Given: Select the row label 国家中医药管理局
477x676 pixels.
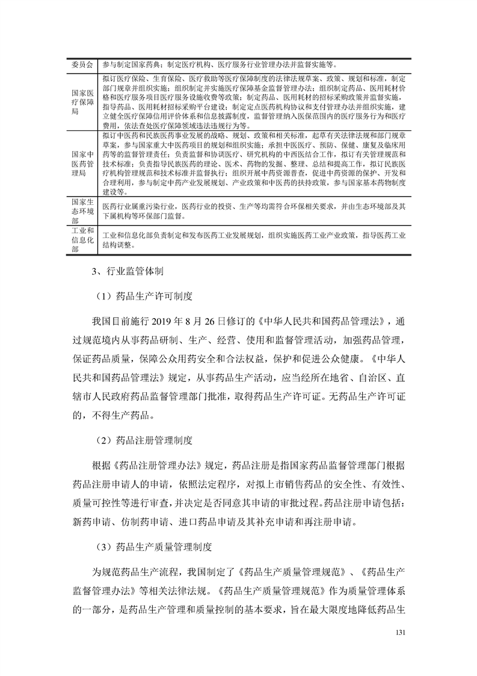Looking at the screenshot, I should pos(82,163).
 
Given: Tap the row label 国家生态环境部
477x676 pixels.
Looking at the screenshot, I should pos(82,211).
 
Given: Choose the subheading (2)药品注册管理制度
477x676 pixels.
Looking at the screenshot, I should pos(143,440).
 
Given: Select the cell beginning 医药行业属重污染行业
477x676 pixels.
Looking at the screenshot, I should pos(253,211).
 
